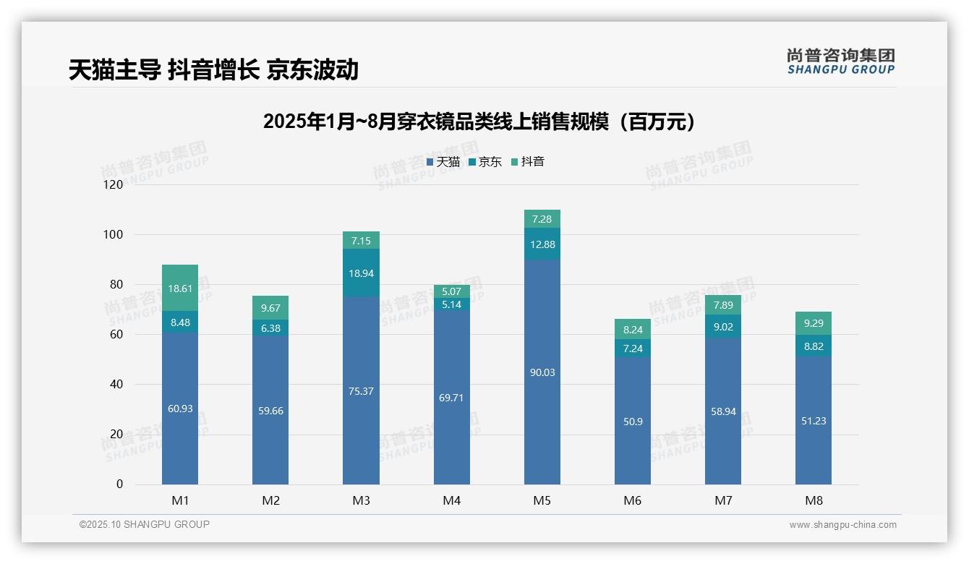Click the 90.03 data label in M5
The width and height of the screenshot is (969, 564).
click(x=542, y=372)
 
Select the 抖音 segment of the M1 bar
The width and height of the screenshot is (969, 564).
click(x=180, y=288)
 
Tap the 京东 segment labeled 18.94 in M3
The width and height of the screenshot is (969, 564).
click(x=361, y=273)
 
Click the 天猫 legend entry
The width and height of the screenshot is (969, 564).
click(x=443, y=162)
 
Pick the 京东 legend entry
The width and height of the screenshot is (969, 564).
click(x=485, y=162)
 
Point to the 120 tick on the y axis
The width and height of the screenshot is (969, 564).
click(x=114, y=185)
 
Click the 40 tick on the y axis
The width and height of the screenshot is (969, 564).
click(x=116, y=385)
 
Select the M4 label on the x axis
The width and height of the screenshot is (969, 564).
click(x=451, y=500)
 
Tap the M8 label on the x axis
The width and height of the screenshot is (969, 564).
click(x=814, y=500)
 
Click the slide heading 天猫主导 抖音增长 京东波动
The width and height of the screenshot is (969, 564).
click(x=213, y=69)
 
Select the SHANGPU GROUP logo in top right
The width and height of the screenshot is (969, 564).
click(x=840, y=61)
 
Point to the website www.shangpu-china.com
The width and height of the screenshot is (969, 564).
click(x=842, y=525)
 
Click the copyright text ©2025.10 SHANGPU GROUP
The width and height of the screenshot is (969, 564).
click(x=145, y=525)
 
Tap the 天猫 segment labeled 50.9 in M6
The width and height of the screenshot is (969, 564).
click(x=632, y=421)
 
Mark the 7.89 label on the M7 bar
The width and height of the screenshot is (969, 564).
click(x=722, y=305)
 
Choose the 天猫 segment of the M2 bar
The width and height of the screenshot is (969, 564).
click(x=270, y=410)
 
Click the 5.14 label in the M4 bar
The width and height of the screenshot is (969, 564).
click(x=451, y=304)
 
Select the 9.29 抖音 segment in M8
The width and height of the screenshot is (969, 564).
click(x=814, y=322)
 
